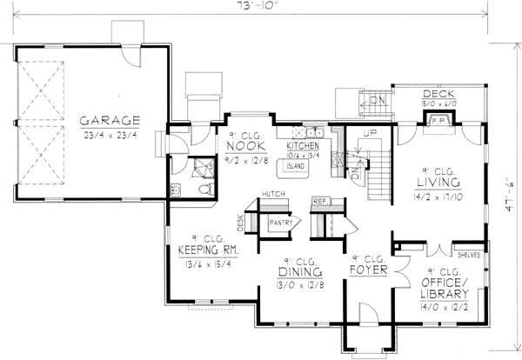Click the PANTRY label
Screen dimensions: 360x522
click(x=281, y=223)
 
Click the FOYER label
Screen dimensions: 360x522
click(x=368, y=270)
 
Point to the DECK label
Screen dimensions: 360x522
click(x=435, y=93)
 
